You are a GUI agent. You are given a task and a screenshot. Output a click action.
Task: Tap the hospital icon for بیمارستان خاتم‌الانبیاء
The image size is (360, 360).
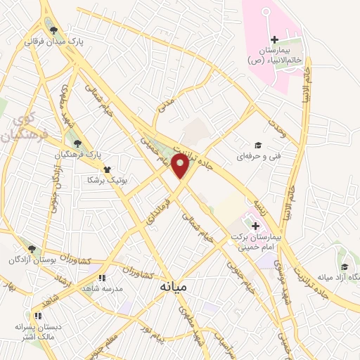click(x=275, y=40)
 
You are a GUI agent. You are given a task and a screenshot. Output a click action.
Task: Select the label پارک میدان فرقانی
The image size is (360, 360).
click(x=55, y=41)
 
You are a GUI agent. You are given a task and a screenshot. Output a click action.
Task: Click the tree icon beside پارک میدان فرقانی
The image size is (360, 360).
click(x=54, y=30)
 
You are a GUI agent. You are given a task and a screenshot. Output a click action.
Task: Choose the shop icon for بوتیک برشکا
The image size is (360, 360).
click(x=106, y=169)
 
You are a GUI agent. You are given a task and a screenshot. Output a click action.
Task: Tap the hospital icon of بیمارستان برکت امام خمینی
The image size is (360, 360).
click(x=255, y=226)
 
